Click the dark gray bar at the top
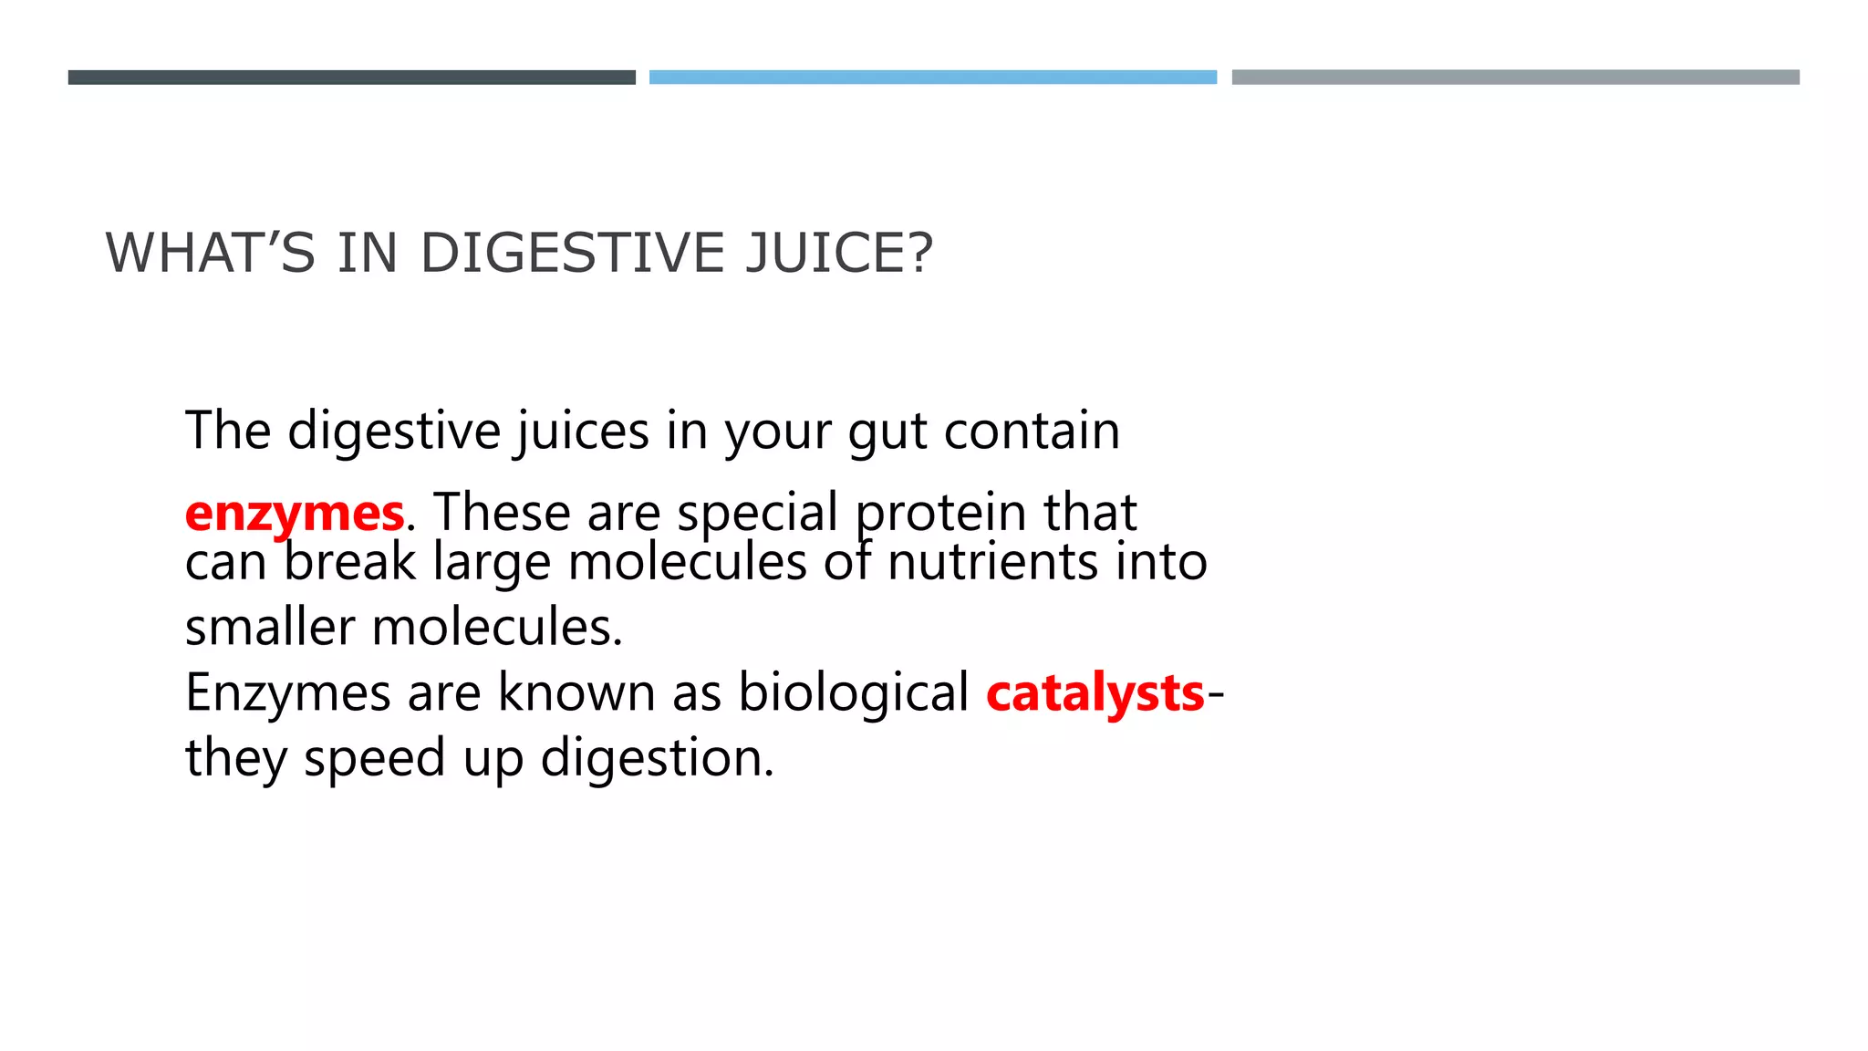(351, 78)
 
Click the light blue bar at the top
(932, 78)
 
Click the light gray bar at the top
(1515, 78)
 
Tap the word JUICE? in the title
(839, 253)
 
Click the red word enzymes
(294, 513)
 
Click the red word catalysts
(1095, 692)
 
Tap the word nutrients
(992, 562)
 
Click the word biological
(853, 692)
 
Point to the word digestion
(657, 758)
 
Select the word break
(349, 562)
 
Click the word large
(492, 564)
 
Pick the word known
(576, 692)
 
